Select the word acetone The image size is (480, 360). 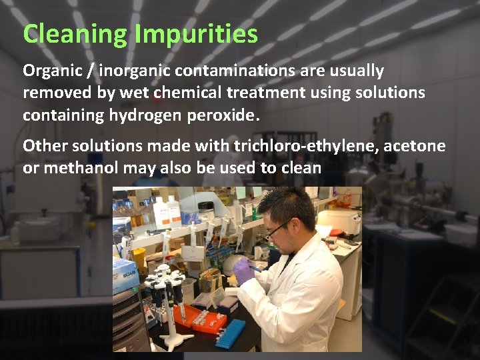pyautogui.click(x=417, y=145)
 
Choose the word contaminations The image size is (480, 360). pyautogui.click(x=236, y=71)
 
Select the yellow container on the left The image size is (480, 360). pyautogui.click(x=139, y=257)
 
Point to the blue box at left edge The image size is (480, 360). pyautogui.click(x=124, y=273)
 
